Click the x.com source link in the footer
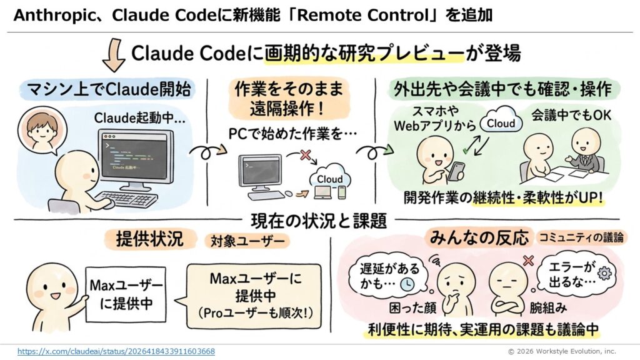pyautogui.click(x=116, y=352)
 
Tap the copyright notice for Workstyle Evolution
pyautogui.click(x=561, y=352)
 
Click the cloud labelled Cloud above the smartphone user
pyautogui.click(x=501, y=123)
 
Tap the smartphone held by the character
pyautogui.click(x=457, y=171)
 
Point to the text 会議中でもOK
pyautogui.click(x=562, y=116)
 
